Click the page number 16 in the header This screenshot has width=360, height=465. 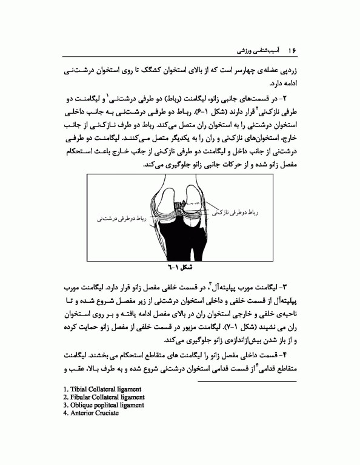(292, 48)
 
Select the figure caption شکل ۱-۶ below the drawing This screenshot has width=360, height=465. (179, 266)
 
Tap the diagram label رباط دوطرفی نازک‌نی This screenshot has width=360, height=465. (237, 213)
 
